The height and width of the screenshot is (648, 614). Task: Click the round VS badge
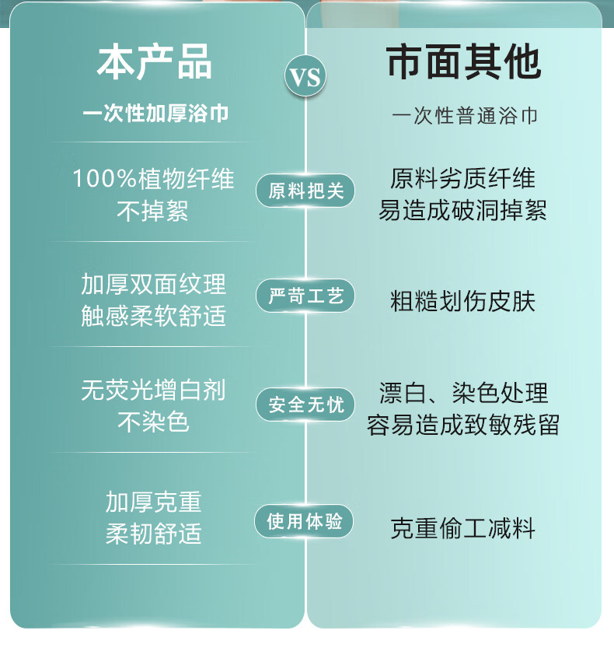click(305, 77)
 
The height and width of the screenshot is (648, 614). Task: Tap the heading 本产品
click(154, 62)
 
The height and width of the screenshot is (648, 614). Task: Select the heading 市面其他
click(464, 62)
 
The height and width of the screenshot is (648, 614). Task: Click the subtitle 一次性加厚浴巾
click(155, 114)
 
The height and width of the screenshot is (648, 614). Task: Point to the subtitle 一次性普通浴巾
click(465, 116)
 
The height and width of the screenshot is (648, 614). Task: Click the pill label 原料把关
click(305, 191)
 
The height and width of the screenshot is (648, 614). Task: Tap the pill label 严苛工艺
click(305, 296)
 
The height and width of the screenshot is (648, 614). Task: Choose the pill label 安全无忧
click(305, 405)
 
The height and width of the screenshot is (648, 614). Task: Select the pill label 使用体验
click(305, 521)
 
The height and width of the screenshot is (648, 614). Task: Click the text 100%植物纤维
click(153, 179)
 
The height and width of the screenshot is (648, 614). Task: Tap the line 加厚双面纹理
click(153, 284)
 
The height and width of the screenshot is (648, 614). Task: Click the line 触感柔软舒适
click(153, 316)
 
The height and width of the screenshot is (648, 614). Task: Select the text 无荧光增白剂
click(153, 390)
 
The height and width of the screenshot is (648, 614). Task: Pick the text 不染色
click(153, 422)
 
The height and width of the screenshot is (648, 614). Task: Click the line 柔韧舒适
click(153, 534)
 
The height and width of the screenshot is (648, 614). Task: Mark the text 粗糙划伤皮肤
click(463, 301)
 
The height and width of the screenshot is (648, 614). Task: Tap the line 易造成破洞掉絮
click(463, 210)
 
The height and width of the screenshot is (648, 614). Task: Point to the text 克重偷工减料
click(463, 529)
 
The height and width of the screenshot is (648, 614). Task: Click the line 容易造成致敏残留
click(463, 425)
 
